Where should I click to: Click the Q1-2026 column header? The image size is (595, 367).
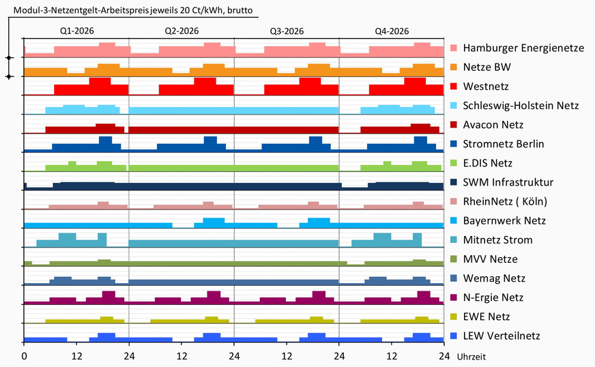pyautogui.click(x=76, y=31)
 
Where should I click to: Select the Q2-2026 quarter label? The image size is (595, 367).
pyautogui.click(x=182, y=31)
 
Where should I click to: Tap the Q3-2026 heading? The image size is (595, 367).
pyautogui.click(x=287, y=31)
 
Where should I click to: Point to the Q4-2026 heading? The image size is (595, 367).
pyautogui.click(x=392, y=31)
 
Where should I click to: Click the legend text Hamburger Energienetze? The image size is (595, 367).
pyautogui.click(x=523, y=48)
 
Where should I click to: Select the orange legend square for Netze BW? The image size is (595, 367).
pyautogui.click(x=454, y=68)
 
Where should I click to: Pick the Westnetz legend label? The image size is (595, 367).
pyautogui.click(x=486, y=87)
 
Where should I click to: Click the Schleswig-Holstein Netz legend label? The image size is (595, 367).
pyautogui.click(x=521, y=106)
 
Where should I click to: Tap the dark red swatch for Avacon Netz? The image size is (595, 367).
pyautogui.click(x=454, y=125)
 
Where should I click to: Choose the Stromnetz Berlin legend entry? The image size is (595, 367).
pyautogui.click(x=505, y=144)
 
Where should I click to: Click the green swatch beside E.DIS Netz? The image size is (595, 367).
pyautogui.click(x=454, y=163)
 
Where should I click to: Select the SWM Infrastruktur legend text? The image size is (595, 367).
pyautogui.click(x=508, y=182)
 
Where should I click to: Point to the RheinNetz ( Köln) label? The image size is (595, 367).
pyautogui.click(x=505, y=201)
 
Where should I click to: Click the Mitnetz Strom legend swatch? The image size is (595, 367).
pyautogui.click(x=454, y=240)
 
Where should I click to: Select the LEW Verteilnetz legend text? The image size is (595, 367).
pyautogui.click(x=502, y=336)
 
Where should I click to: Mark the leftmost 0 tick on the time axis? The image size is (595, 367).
pyautogui.click(x=24, y=355)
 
